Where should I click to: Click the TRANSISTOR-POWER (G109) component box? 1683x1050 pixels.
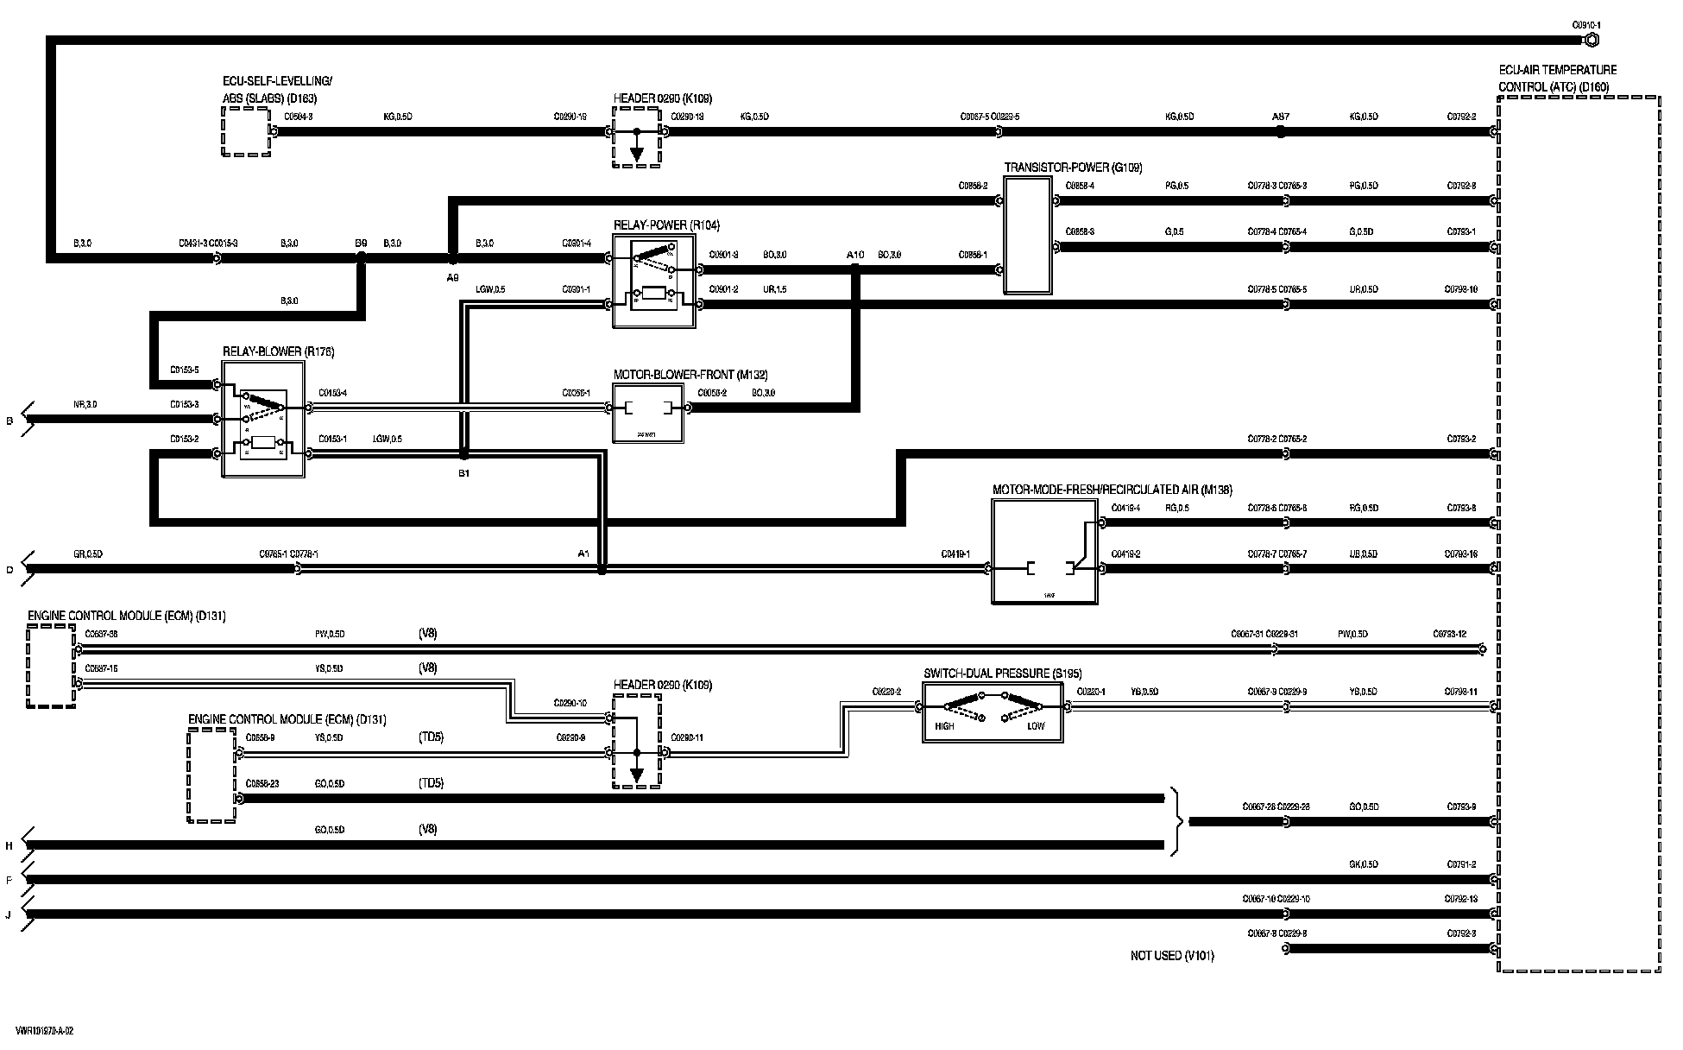coord(1027,236)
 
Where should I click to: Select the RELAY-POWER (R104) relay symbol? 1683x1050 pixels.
coord(654,281)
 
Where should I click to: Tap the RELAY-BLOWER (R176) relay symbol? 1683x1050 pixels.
coord(263,420)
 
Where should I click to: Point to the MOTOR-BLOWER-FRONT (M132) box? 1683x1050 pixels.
coord(647,413)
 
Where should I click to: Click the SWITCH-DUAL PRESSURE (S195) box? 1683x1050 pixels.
coord(993,712)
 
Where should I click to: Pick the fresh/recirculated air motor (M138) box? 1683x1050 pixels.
coord(1044,552)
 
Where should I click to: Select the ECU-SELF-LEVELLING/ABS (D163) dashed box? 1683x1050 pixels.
coord(246,132)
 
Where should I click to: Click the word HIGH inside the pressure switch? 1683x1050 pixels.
coord(944,726)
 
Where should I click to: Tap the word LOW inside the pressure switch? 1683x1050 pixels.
coord(1036,726)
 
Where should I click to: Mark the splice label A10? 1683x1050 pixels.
coord(854,255)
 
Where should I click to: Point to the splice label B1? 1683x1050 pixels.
coord(463,473)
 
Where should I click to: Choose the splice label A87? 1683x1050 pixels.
coord(1281,117)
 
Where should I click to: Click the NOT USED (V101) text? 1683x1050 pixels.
coord(1171,956)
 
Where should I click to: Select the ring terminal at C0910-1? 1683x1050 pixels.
coord(1592,40)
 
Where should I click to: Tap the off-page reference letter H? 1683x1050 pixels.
coord(9,846)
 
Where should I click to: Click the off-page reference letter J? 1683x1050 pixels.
coord(9,914)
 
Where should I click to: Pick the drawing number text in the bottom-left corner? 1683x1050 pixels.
coord(44,1031)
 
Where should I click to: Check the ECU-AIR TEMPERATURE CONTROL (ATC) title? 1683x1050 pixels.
coord(1557,78)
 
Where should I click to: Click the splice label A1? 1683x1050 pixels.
coord(583,553)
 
